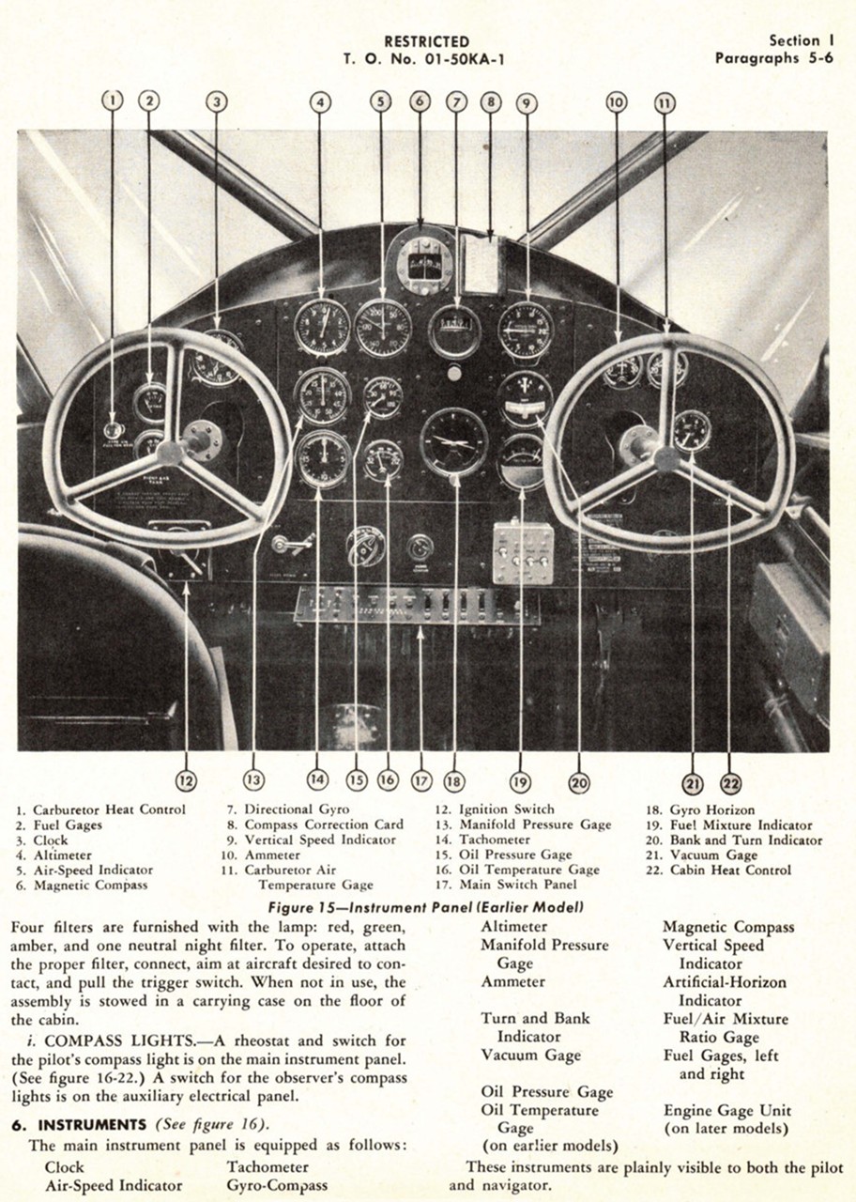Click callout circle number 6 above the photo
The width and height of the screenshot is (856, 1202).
point(420,100)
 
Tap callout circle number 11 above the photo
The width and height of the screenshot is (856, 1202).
point(665,102)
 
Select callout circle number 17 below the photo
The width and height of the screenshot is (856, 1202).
point(420,779)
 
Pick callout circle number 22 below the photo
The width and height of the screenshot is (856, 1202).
point(730,782)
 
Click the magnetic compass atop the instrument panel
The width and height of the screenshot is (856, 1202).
point(424,261)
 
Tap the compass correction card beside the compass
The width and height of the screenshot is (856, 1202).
point(481,265)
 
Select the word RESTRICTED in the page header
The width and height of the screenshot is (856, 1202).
point(427,41)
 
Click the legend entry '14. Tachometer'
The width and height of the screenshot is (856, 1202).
point(494,840)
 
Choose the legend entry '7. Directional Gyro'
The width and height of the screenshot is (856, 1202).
point(287,809)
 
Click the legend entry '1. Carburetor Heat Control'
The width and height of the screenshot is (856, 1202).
point(100,809)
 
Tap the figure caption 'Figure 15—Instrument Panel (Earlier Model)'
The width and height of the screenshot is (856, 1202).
point(426,907)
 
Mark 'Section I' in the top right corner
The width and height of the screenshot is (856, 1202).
point(801,40)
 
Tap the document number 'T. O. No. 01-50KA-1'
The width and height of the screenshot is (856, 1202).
point(427,58)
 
